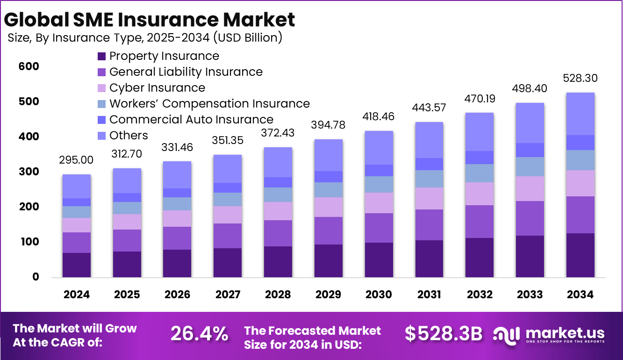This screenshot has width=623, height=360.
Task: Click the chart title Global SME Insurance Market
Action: pyautogui.click(x=150, y=20)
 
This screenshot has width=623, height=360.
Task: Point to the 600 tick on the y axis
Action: pyautogui.click(x=29, y=67)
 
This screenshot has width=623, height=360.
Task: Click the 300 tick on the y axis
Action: pyautogui.click(x=29, y=172)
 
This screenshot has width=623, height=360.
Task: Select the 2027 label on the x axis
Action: pyautogui.click(x=228, y=295)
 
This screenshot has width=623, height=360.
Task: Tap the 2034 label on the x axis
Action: pyautogui.click(x=580, y=295)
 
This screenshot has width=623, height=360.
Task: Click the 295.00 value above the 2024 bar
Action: pyautogui.click(x=76, y=160)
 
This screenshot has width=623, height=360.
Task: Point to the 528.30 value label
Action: pyautogui.click(x=580, y=78)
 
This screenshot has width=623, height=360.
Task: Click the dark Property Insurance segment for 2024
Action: pyautogui.click(x=76, y=265)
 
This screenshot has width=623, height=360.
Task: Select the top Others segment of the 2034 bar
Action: pyautogui.click(x=580, y=114)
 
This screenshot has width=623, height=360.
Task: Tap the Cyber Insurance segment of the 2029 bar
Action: pyautogui.click(x=328, y=207)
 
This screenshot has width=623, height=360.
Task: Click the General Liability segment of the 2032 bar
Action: pyautogui.click(x=480, y=222)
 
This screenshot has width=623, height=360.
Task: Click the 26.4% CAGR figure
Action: pyautogui.click(x=199, y=333)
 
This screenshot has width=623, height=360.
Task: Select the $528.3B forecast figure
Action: pyautogui.click(x=443, y=333)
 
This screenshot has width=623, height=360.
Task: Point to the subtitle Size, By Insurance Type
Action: pyautogui.click(x=145, y=38)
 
